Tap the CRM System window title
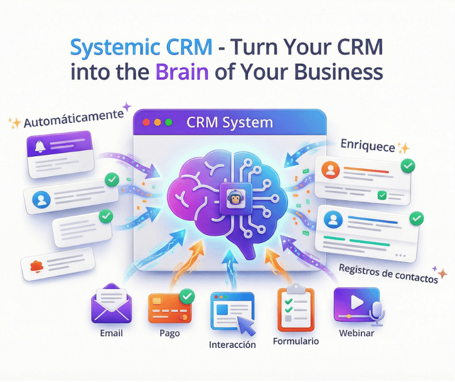point(230,122)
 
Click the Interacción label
point(233,345)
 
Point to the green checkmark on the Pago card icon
point(186,295)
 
